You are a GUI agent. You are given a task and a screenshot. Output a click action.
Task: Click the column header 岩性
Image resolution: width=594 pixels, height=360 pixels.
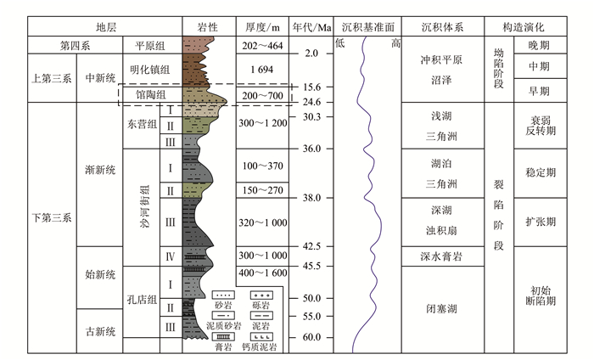[209, 27]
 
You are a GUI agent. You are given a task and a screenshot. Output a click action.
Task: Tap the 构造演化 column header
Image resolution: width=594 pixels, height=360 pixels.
[540, 27]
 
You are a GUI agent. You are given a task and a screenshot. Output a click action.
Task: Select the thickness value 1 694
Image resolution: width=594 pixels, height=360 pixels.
[261, 70]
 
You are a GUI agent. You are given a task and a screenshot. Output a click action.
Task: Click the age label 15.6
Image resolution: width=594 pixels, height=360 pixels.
[311, 87]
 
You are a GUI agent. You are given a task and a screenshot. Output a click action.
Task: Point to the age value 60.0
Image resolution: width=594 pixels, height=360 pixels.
[312, 337]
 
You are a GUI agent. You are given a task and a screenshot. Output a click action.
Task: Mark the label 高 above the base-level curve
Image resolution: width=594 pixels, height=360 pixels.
[395, 42]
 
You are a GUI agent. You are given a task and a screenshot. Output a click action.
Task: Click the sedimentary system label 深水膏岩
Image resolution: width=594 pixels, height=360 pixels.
[442, 256]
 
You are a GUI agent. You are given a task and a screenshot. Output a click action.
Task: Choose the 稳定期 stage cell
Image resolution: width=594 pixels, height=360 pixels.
[541, 172]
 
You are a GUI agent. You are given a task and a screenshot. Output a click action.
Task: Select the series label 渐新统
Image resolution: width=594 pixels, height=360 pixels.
[99, 172]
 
